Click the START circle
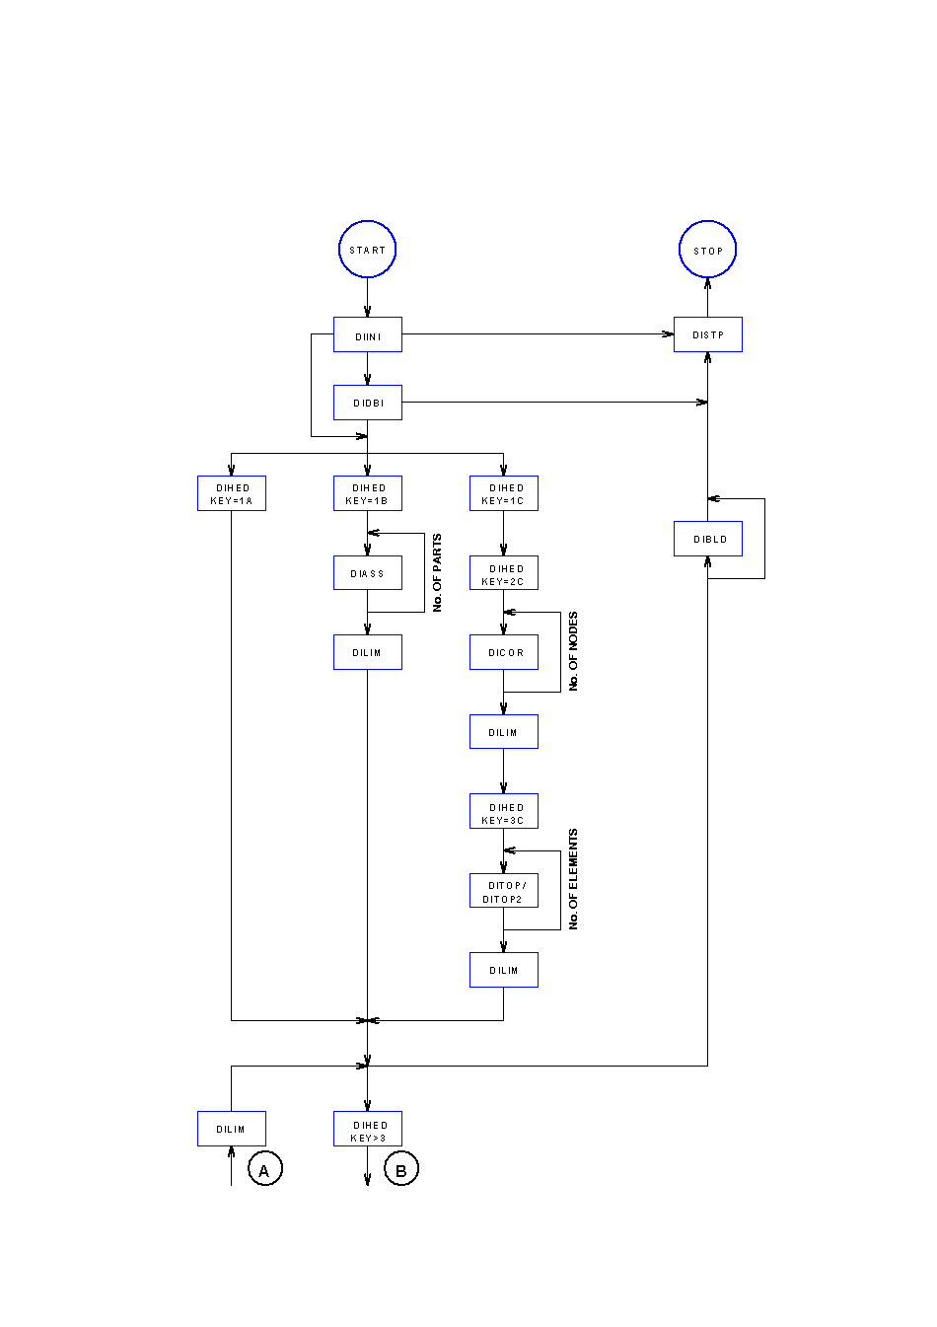tap(367, 250)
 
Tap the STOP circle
tap(707, 250)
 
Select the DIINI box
tap(367, 335)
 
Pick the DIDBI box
tap(367, 403)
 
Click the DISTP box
tap(707, 334)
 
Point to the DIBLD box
tap(707, 539)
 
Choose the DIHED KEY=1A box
tap(231, 493)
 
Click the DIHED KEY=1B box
tap(367, 493)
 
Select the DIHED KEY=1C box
tap(503, 493)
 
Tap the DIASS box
tap(367, 573)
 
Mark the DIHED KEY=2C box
tap(503, 574)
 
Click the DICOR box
tap(503, 652)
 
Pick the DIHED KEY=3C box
tap(503, 812)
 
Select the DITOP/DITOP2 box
tap(503, 891)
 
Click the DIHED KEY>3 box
tap(367, 1130)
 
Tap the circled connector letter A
tap(264, 1170)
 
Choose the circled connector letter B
tap(400, 1170)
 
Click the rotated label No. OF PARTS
tap(437, 573)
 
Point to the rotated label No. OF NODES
tap(573, 651)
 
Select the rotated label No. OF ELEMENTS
tap(573, 879)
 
